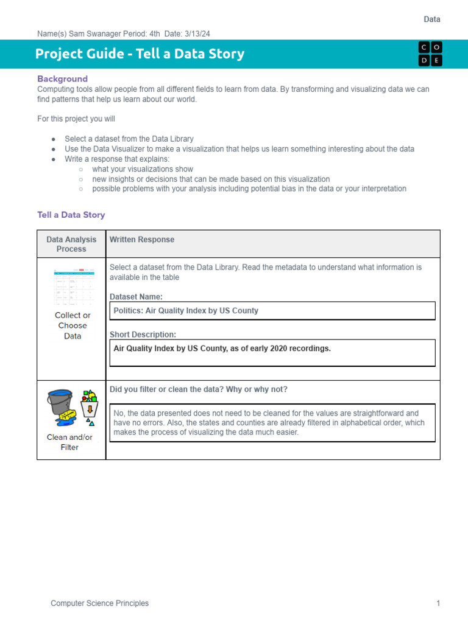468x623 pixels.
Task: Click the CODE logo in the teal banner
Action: (430, 54)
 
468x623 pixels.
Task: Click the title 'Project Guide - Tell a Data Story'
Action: (140, 54)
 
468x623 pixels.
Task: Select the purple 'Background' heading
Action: (62, 78)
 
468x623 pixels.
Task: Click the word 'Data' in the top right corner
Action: (432, 19)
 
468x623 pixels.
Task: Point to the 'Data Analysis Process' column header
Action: (71, 244)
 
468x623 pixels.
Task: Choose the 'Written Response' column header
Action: (141, 240)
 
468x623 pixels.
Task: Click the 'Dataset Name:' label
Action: (136, 297)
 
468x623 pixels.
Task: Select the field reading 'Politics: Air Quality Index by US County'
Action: (272, 310)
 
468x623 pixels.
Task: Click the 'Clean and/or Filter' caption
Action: (69, 442)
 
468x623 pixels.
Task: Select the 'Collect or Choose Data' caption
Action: (72, 325)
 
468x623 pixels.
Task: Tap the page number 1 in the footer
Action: (438, 604)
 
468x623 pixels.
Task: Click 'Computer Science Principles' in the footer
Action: (99, 604)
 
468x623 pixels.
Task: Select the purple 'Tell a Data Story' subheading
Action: (71, 215)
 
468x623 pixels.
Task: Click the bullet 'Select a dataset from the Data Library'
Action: (129, 139)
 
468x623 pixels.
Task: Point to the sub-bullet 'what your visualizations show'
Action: (143, 169)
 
